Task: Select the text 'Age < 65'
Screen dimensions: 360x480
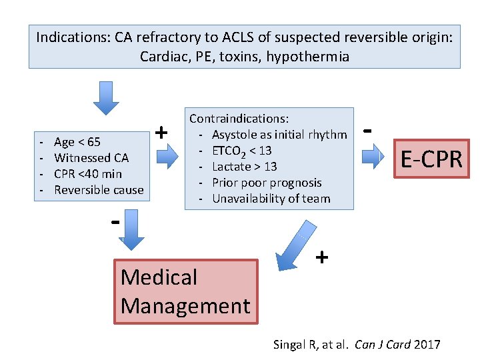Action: tap(77, 141)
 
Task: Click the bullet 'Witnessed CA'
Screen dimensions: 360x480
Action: tap(91, 158)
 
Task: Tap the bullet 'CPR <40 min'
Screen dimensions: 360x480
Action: tap(88, 174)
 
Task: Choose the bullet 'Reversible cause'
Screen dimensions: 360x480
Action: tap(99, 190)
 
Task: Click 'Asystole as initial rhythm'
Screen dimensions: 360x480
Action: tap(279, 135)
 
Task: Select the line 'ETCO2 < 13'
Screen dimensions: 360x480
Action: tap(241, 151)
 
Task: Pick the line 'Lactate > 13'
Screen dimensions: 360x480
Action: tap(244, 167)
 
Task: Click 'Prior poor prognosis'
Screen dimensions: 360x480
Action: tap(267, 183)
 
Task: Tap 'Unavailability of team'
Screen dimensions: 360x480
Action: tap(271, 199)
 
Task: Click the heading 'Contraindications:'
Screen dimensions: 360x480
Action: tap(239, 119)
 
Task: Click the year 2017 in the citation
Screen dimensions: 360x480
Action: tap(427, 345)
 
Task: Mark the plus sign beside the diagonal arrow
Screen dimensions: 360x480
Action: tap(321, 257)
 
